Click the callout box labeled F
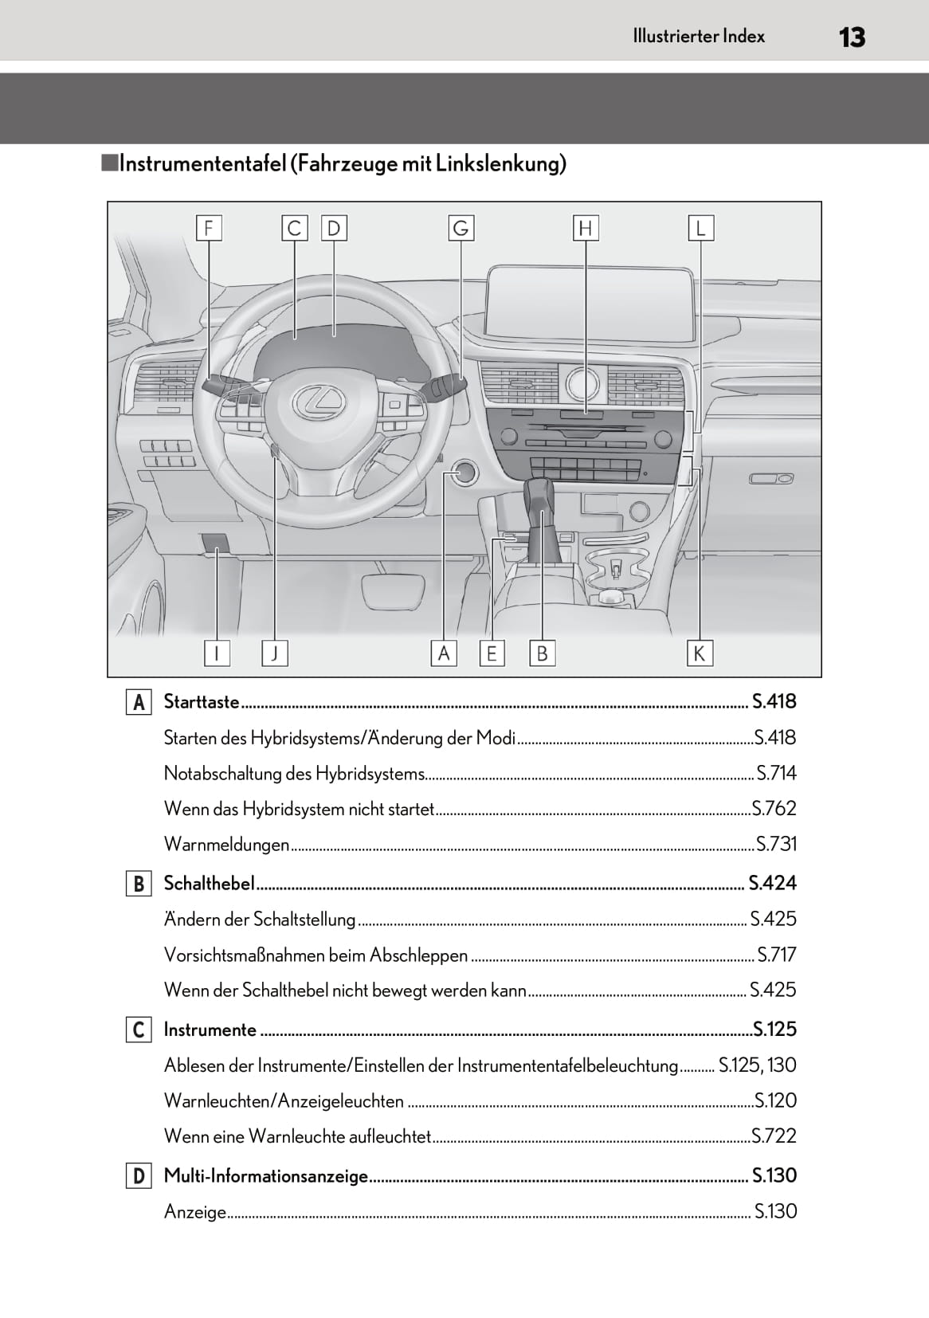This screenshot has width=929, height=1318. pos(209,229)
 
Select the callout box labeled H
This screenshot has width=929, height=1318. pos(586,229)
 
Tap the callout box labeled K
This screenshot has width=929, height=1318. pos(700,653)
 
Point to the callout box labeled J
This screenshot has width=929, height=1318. pos(275,653)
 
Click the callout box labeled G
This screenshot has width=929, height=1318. pos(461,229)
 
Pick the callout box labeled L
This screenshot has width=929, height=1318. pos(701,229)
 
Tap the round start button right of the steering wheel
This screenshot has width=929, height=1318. pos(464,473)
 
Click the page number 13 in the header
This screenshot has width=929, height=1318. pos(852,37)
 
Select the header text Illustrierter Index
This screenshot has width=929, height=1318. pos(699,36)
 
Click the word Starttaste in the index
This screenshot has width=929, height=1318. pos(202,701)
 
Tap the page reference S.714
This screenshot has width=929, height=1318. pos(776,773)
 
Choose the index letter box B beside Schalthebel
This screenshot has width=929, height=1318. pos(139,884)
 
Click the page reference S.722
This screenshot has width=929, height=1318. pos(774,1136)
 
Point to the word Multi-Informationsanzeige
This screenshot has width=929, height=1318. pos(266,1175)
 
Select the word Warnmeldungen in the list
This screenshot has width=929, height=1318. pos(226,844)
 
